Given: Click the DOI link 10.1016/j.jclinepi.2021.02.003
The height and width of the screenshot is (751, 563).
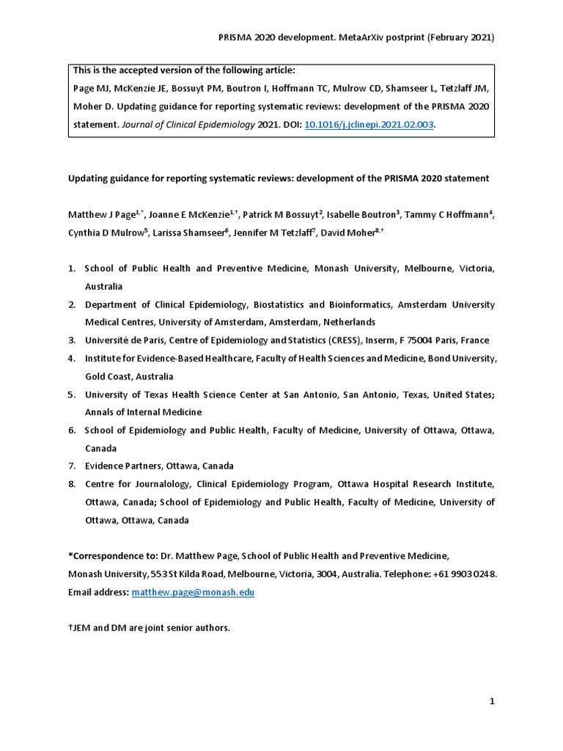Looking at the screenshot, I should click(x=369, y=125).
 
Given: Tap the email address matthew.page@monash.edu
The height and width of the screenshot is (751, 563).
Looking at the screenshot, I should click(x=193, y=592).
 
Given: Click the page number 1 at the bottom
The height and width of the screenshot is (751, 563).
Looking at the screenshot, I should click(x=493, y=702).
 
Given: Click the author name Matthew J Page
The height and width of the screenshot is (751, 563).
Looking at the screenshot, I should click(x=102, y=215).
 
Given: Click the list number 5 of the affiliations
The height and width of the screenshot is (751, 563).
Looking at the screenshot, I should click(x=72, y=395).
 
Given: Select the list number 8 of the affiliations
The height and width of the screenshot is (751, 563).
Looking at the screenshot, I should click(x=72, y=484).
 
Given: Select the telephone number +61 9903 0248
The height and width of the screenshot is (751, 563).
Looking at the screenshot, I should click(x=469, y=574).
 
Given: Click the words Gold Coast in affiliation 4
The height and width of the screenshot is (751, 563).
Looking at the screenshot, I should click(x=108, y=376).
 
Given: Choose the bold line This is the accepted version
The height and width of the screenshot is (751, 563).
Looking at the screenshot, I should click(x=184, y=70).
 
